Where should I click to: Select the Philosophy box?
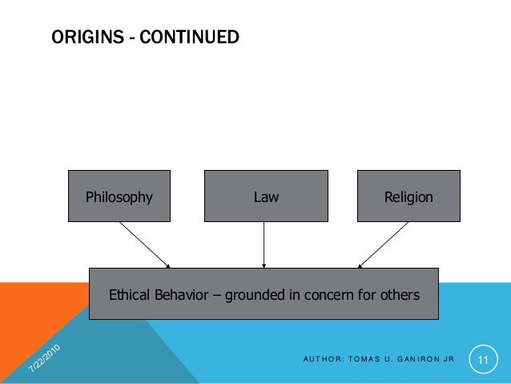point(119,196)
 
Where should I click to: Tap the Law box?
point(265,196)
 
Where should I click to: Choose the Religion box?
point(408,196)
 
